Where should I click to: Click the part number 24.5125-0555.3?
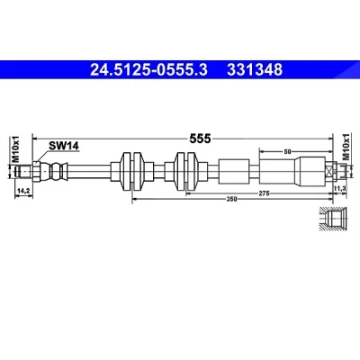[x=148, y=70]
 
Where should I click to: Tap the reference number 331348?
[x=255, y=70]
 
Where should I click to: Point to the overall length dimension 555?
[x=200, y=139]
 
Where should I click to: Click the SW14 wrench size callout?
[x=64, y=146]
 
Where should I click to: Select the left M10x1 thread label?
[x=15, y=148]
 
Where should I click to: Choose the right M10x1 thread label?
[x=346, y=148]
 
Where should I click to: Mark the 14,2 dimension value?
[x=23, y=190]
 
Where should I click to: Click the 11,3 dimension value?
[x=340, y=188]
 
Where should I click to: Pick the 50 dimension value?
[x=287, y=152]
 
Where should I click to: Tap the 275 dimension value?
[x=264, y=193]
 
